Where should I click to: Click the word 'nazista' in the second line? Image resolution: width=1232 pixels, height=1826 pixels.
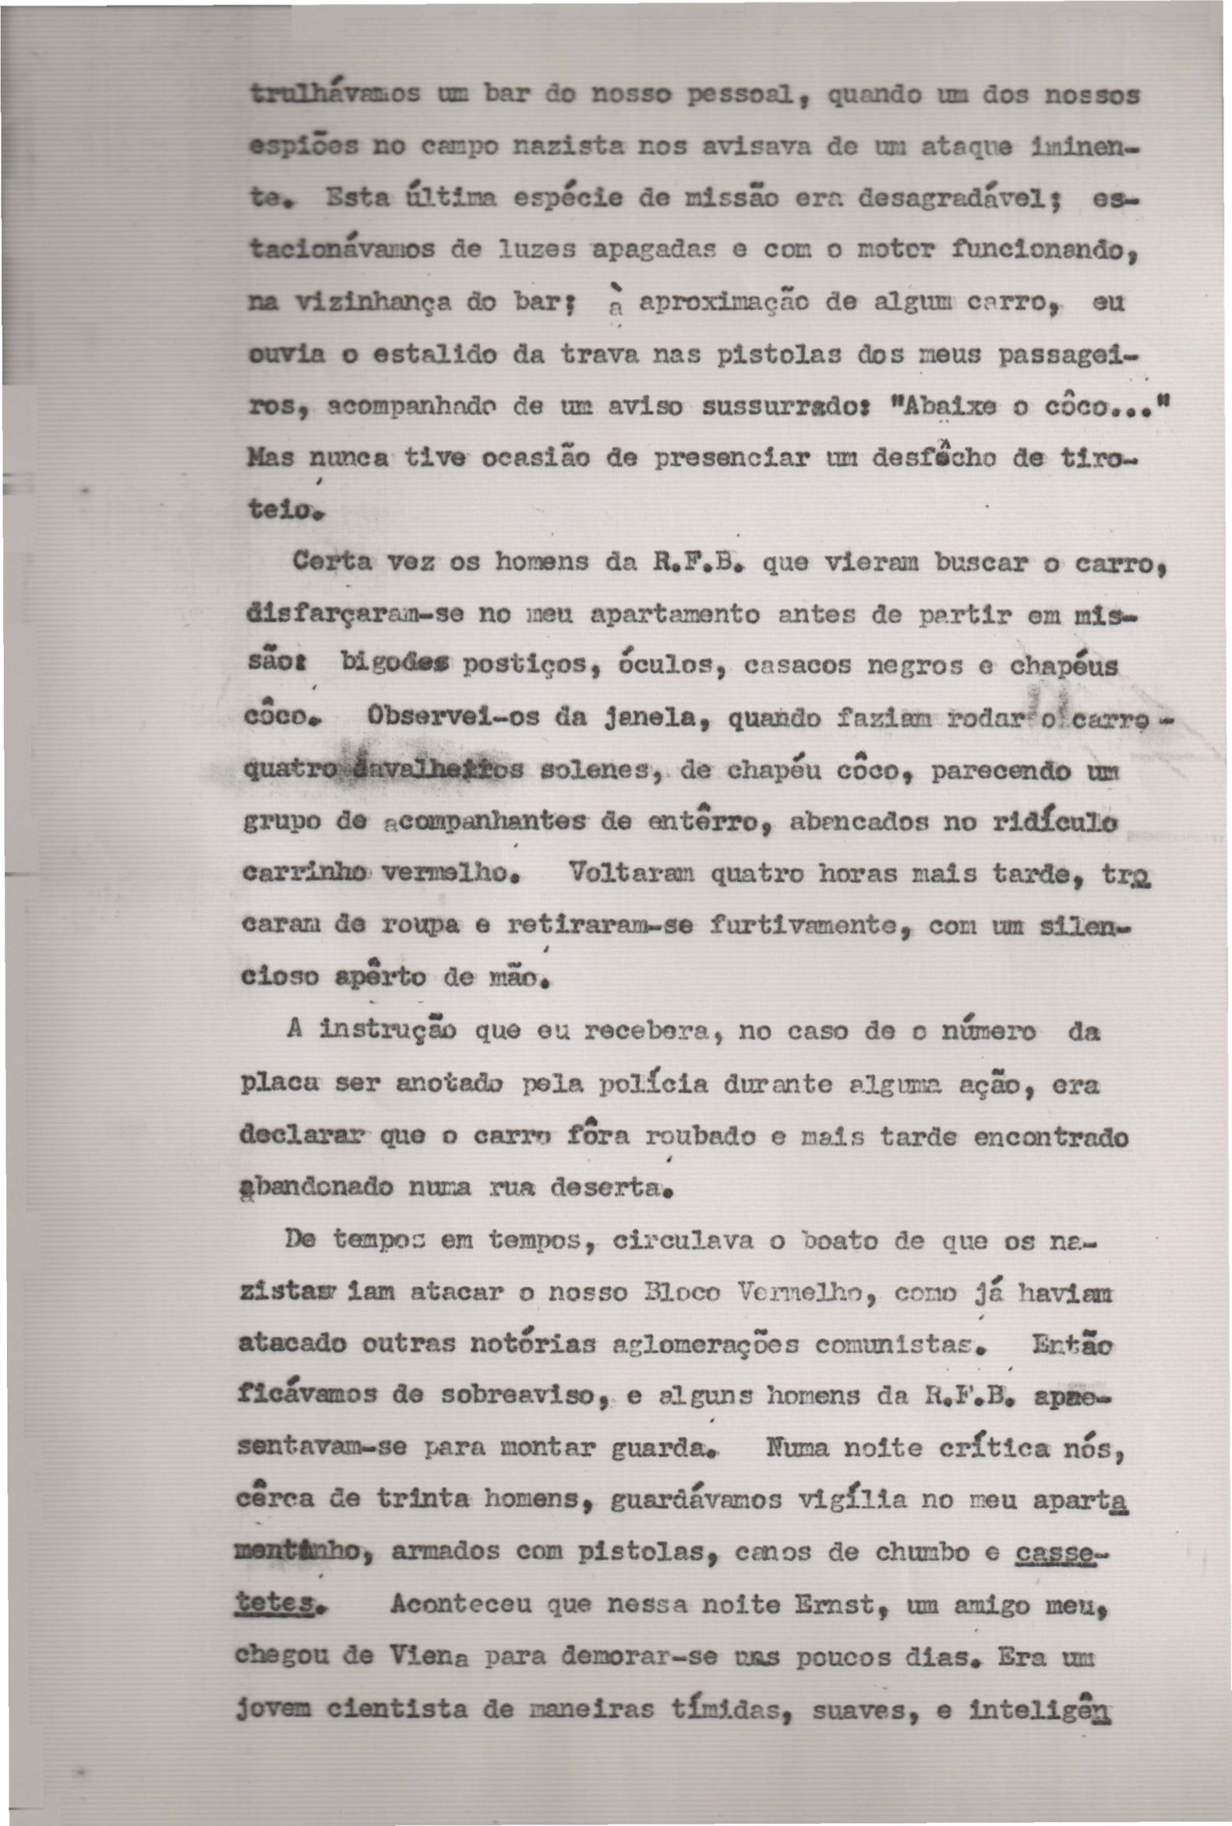[x=552, y=148]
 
